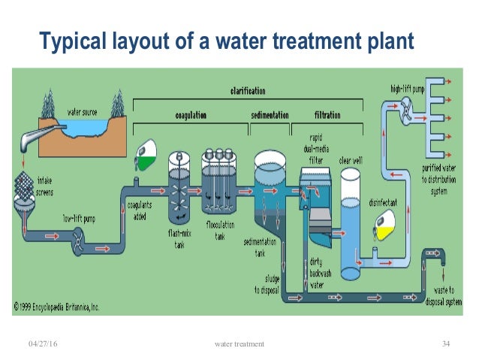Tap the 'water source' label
point(84,112)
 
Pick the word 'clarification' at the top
point(247,91)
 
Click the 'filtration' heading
point(327,116)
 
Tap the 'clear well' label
point(351,159)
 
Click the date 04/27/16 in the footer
point(42,343)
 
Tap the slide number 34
point(446,343)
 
